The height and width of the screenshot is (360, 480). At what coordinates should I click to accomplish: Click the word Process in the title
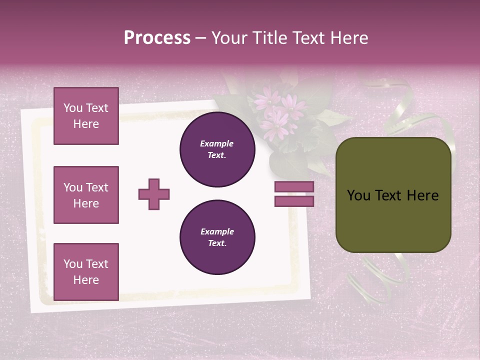click(x=157, y=38)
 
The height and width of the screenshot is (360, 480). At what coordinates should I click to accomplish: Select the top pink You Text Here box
click(x=86, y=116)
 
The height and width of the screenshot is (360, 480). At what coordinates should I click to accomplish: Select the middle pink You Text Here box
click(x=86, y=195)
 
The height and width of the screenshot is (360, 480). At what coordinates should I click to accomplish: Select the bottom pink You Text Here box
click(x=86, y=271)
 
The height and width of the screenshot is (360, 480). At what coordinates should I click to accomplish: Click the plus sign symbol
click(x=154, y=194)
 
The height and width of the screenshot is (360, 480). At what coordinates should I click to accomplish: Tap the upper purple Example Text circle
click(x=217, y=149)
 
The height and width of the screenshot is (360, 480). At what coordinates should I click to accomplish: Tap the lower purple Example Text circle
click(x=217, y=237)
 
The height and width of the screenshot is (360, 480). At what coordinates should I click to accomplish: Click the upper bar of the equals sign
click(x=294, y=186)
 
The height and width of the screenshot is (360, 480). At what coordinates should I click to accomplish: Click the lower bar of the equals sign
click(x=294, y=201)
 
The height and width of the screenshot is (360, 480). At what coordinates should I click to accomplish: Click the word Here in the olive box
click(x=422, y=195)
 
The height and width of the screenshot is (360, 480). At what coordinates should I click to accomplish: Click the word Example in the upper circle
click(x=217, y=143)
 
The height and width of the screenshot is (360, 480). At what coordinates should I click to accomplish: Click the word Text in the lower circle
click(x=217, y=243)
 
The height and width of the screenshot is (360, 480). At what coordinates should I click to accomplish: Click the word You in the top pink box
click(x=73, y=108)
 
